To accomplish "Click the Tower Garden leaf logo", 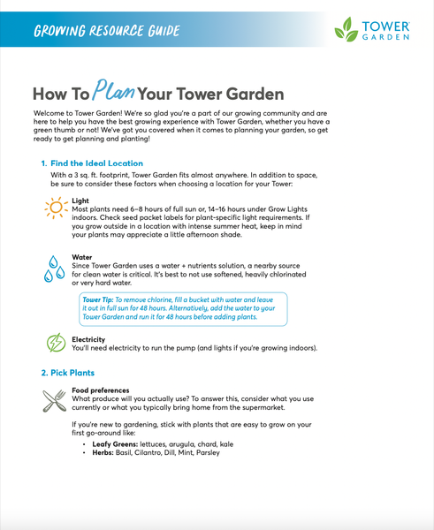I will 346,33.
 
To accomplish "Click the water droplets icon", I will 55,269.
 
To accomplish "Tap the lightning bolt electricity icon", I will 55,343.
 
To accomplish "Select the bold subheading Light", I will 80,201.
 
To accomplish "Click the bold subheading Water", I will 82,258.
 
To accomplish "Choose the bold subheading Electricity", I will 88,339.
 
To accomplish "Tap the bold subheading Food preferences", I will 100,390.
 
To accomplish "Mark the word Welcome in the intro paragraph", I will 51,114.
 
